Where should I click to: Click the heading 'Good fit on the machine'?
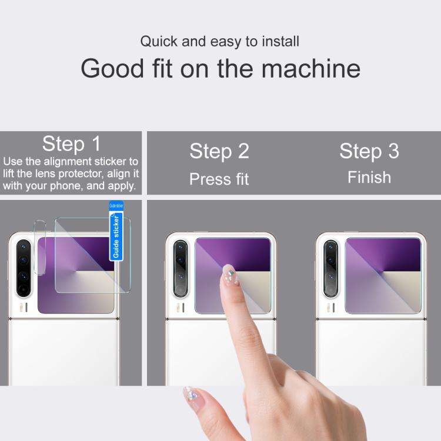(220, 68)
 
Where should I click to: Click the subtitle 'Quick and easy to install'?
(219, 42)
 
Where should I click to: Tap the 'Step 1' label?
(71, 143)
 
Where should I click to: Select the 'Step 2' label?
(219, 151)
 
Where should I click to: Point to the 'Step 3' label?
(369, 151)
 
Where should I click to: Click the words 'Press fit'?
(219, 179)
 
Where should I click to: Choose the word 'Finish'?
(369, 177)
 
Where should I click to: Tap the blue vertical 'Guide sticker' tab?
(116, 236)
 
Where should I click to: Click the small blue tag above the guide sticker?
(116, 206)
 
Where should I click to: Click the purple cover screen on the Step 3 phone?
(383, 275)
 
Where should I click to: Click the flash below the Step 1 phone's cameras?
(23, 306)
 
